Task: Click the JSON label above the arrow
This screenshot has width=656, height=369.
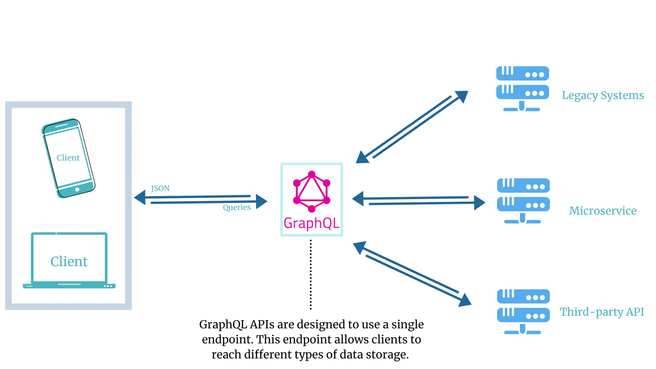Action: click(160, 188)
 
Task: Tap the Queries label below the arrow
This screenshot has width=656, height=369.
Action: click(236, 207)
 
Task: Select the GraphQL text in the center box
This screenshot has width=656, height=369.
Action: click(312, 223)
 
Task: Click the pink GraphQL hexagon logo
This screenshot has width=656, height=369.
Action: click(312, 191)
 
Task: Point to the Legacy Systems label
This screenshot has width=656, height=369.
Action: click(603, 95)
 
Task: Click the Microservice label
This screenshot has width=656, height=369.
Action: click(603, 211)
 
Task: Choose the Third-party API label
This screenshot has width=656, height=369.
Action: click(602, 312)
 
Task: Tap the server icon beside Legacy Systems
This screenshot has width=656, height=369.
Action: click(522, 88)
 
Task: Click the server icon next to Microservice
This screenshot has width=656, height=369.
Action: click(523, 201)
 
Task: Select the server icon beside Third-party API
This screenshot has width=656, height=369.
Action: click(523, 312)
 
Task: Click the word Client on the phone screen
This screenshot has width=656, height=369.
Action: click(68, 158)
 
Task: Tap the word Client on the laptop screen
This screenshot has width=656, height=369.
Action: click(69, 261)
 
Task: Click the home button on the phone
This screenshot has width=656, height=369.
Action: click(77, 189)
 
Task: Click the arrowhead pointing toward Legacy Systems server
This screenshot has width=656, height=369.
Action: click(462, 96)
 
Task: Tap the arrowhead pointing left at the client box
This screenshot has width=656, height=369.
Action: click(140, 197)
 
